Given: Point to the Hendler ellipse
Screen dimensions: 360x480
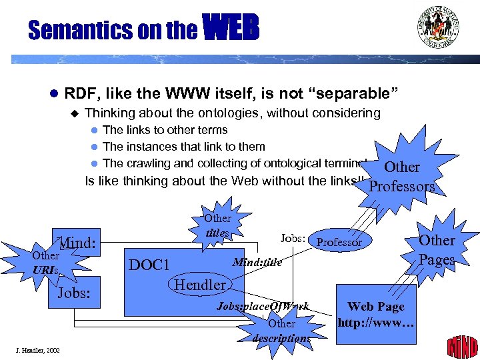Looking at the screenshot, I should (200, 285).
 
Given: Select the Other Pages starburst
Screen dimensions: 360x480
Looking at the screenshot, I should (437, 249).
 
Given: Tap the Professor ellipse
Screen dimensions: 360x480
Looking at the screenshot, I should (339, 243).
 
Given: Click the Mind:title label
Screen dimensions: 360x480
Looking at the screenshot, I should (257, 263).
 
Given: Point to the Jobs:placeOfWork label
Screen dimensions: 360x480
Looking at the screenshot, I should (263, 307).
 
